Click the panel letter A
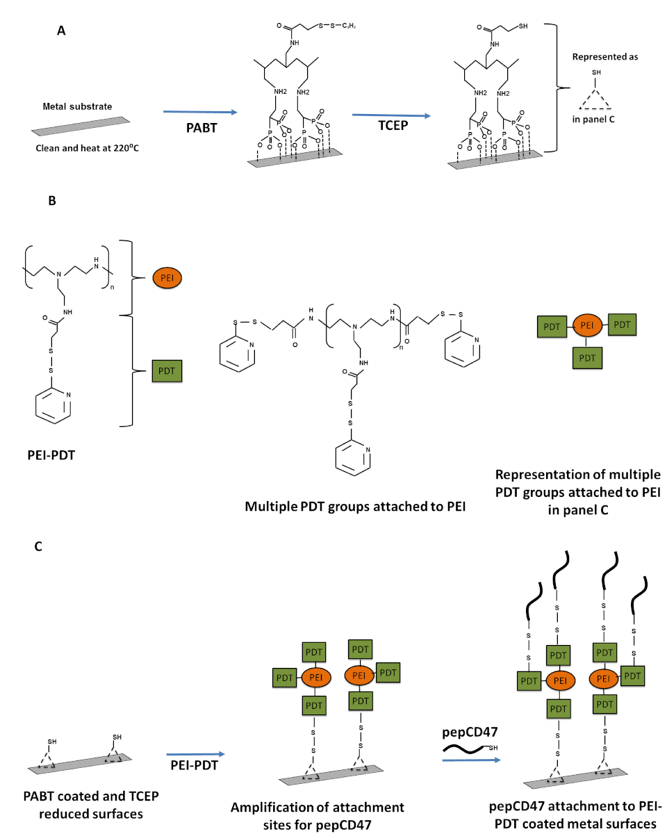(61, 31)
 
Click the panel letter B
(52, 200)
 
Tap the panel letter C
(38, 546)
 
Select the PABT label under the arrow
(201, 128)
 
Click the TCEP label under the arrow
(393, 126)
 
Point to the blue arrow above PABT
(200, 112)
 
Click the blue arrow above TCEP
(391, 115)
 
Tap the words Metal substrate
(77, 106)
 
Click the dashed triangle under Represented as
(595, 99)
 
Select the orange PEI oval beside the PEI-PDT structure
(167, 278)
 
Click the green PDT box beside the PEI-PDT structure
(167, 371)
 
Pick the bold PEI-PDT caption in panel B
(51, 455)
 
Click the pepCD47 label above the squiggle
(470, 732)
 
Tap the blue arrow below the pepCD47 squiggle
(471, 760)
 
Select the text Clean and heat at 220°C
(88, 147)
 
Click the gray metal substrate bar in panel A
(81, 126)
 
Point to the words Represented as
(605, 56)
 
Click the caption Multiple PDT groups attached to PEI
(355, 507)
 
